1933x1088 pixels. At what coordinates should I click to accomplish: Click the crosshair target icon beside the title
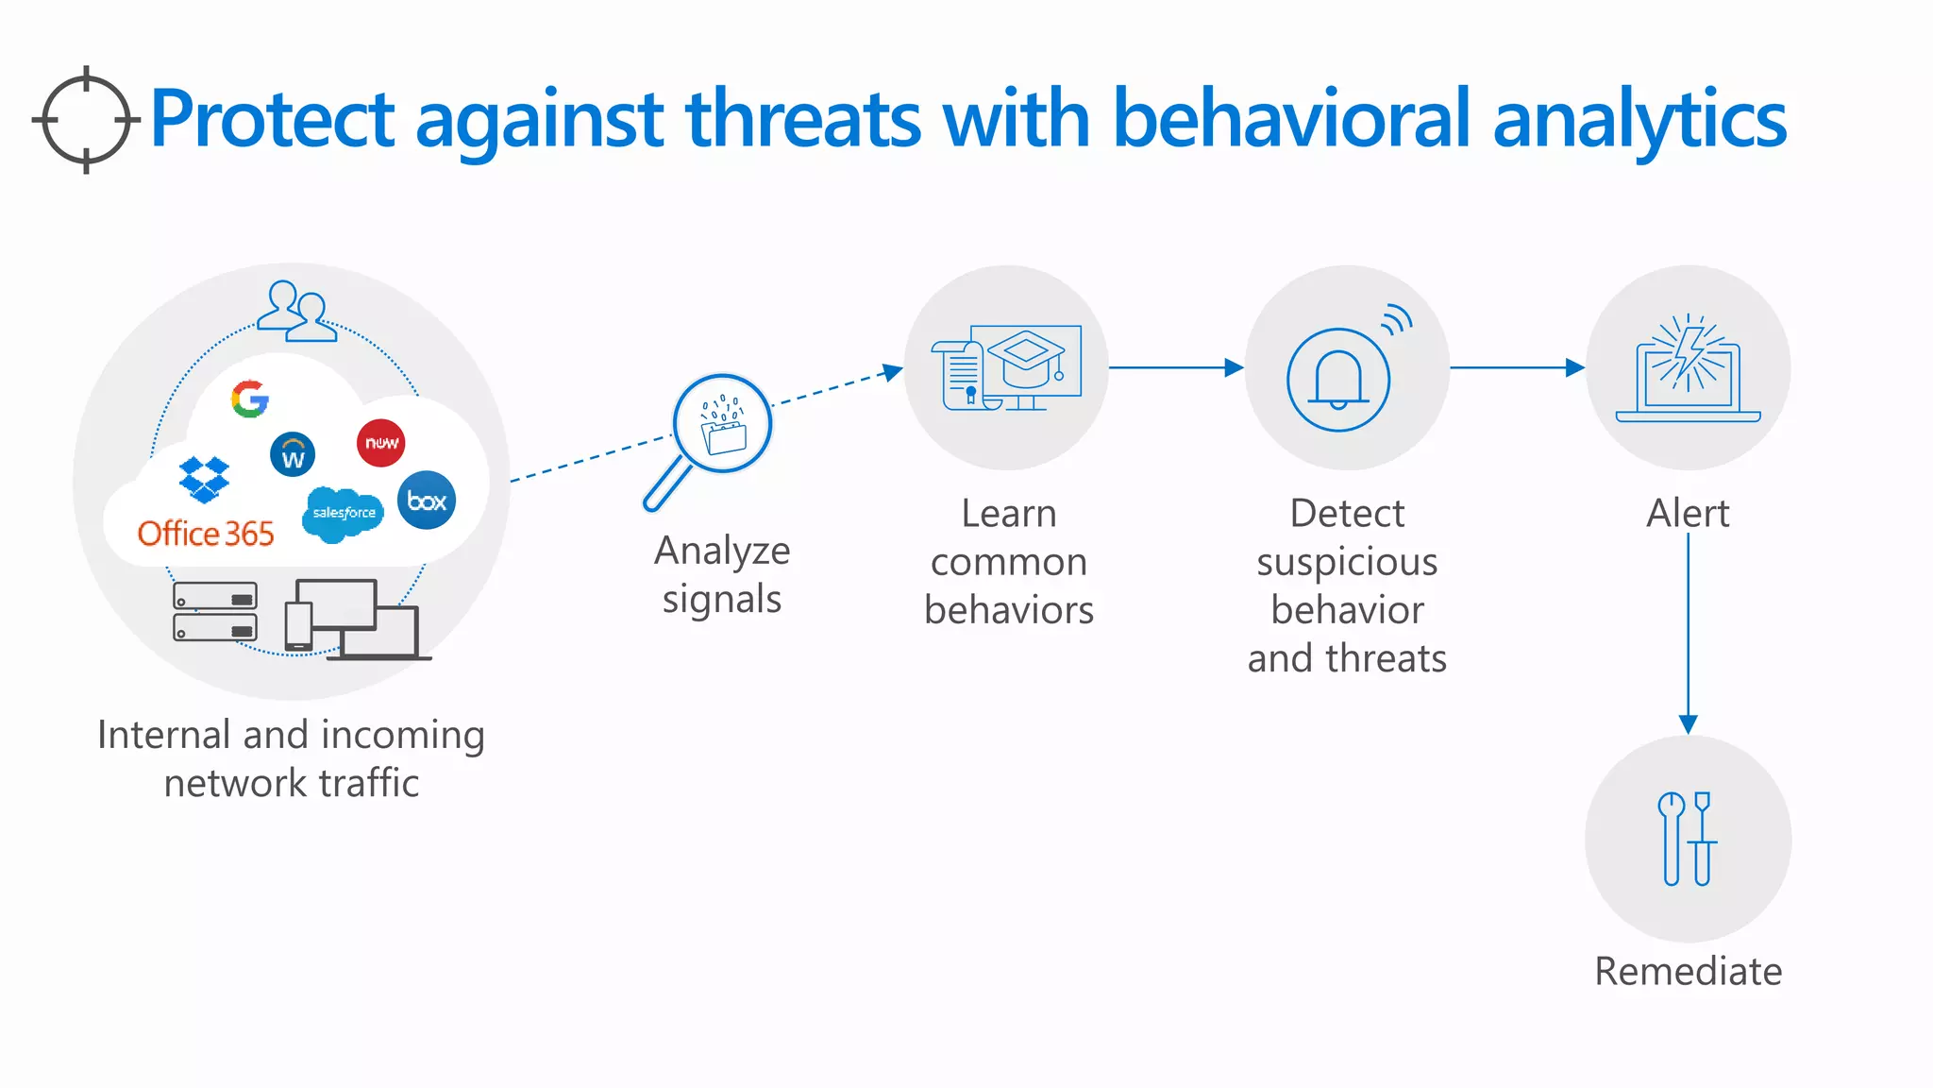point(86,120)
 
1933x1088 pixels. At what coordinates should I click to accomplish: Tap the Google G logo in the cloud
point(250,399)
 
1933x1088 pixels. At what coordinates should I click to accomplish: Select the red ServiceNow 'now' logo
point(381,443)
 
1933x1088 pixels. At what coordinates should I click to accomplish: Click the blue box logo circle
point(427,501)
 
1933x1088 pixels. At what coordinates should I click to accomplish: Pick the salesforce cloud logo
point(344,513)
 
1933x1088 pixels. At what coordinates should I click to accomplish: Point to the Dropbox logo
point(204,479)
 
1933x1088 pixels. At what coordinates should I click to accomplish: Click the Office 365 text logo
point(206,534)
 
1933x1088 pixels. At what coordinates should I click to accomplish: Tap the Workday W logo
point(293,455)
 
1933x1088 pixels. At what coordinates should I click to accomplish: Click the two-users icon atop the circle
point(296,312)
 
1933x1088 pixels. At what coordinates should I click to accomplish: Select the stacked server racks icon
point(215,611)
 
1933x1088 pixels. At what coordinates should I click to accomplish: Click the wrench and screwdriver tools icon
point(1688,839)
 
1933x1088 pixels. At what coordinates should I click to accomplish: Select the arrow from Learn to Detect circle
point(1176,367)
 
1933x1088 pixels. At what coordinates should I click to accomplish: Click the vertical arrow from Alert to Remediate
point(1689,633)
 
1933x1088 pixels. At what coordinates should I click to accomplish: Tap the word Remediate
point(1688,971)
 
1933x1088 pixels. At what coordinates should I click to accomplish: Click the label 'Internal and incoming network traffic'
point(291,758)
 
